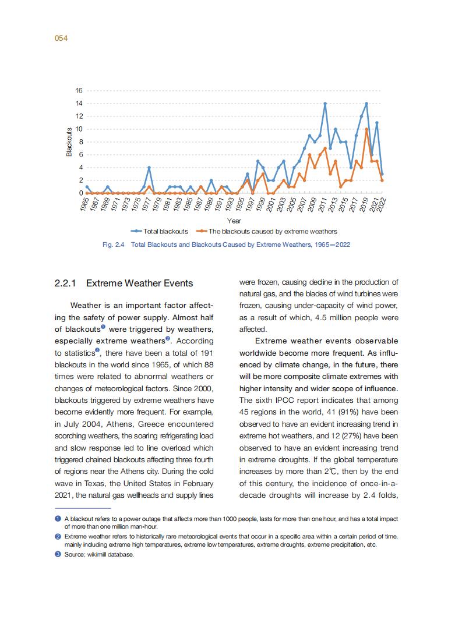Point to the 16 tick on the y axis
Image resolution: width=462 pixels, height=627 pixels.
tap(79, 91)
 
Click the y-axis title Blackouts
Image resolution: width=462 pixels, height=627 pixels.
tap(69, 141)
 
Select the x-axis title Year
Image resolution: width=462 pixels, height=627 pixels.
tap(234, 221)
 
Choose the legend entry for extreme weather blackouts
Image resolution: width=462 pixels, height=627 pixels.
tap(267, 231)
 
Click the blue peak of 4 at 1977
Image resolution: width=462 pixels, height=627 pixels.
tap(149, 168)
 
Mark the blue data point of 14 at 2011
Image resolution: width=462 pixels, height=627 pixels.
tap(325, 104)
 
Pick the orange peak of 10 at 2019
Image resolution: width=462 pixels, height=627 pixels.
tap(366, 129)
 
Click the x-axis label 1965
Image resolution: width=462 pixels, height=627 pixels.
tap(85, 204)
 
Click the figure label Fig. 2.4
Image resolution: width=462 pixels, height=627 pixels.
tap(114, 245)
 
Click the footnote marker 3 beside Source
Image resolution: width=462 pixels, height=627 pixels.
tap(58, 554)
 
